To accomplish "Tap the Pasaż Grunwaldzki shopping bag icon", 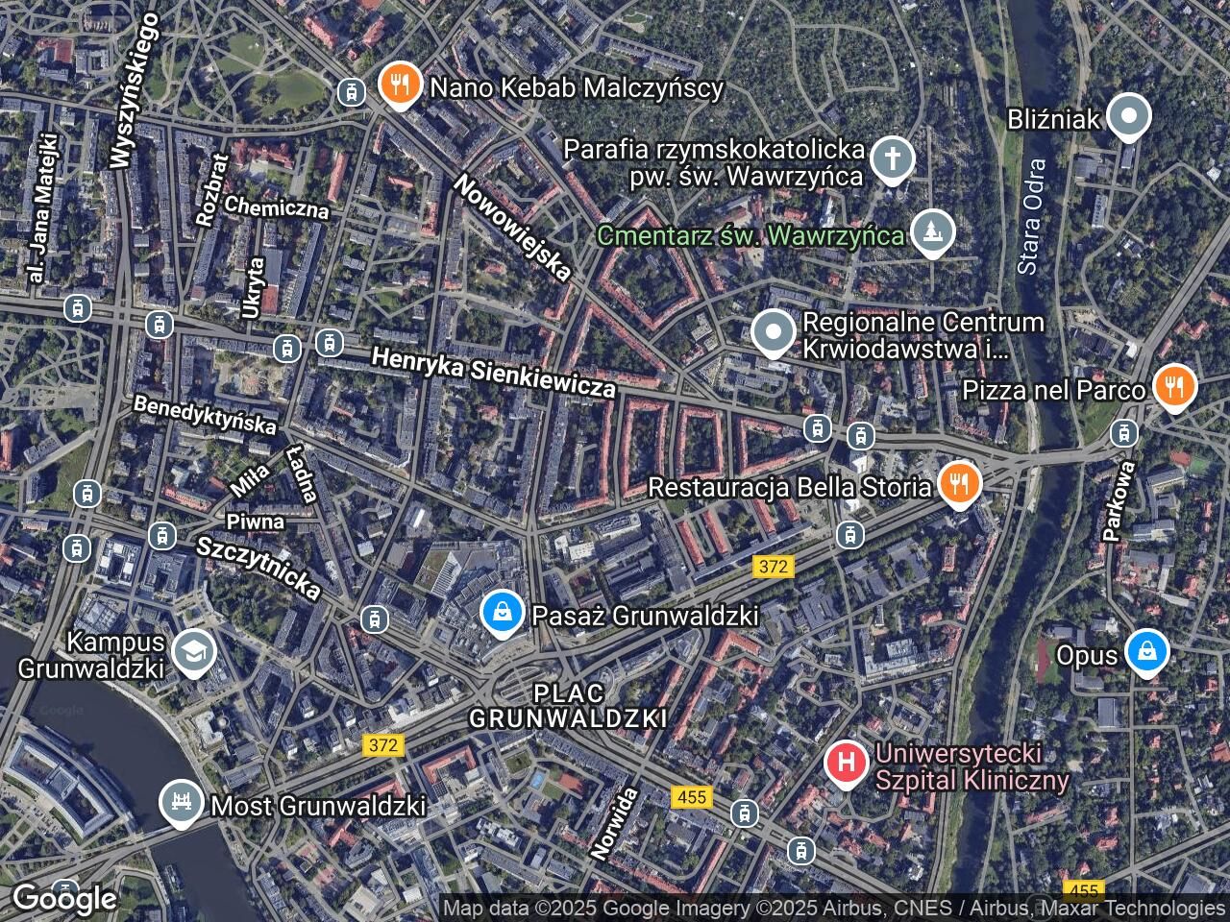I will click(501, 613).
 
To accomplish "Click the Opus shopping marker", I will click(1147, 652).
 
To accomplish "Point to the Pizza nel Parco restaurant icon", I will click(1173, 387).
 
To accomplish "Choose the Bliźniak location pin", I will click(1129, 117).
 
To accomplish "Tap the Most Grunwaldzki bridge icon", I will click(181, 803).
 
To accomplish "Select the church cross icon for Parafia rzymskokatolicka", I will click(893, 159).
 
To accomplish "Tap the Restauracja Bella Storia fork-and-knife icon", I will click(957, 484).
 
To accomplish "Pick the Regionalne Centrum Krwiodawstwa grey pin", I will click(773, 334).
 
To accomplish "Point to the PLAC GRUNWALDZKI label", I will click(568, 705).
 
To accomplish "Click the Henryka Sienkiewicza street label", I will click(493, 373).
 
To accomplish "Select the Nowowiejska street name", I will click(513, 228).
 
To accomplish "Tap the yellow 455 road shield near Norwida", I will click(691, 797).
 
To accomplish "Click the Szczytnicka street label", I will click(258, 568).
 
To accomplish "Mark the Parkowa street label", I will click(1119, 499).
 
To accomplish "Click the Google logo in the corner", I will click(63, 898).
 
